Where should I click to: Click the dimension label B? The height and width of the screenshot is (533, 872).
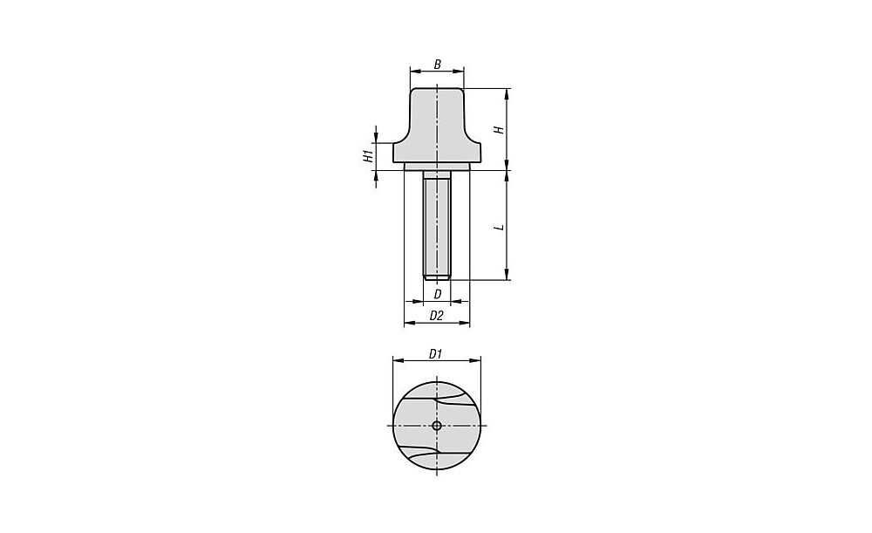point(437,65)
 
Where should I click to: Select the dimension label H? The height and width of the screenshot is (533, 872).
point(500,130)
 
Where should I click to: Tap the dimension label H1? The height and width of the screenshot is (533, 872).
point(368,156)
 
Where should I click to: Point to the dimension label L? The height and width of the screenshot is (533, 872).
point(500,227)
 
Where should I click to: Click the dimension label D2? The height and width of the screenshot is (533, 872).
point(437,316)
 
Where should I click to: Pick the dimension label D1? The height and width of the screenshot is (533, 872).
point(435,354)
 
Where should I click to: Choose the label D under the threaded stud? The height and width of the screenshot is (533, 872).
point(437,294)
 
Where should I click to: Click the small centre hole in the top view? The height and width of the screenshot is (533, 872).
point(437,427)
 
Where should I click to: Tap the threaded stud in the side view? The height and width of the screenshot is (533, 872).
point(437,224)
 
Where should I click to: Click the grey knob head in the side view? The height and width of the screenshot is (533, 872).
point(437,126)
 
